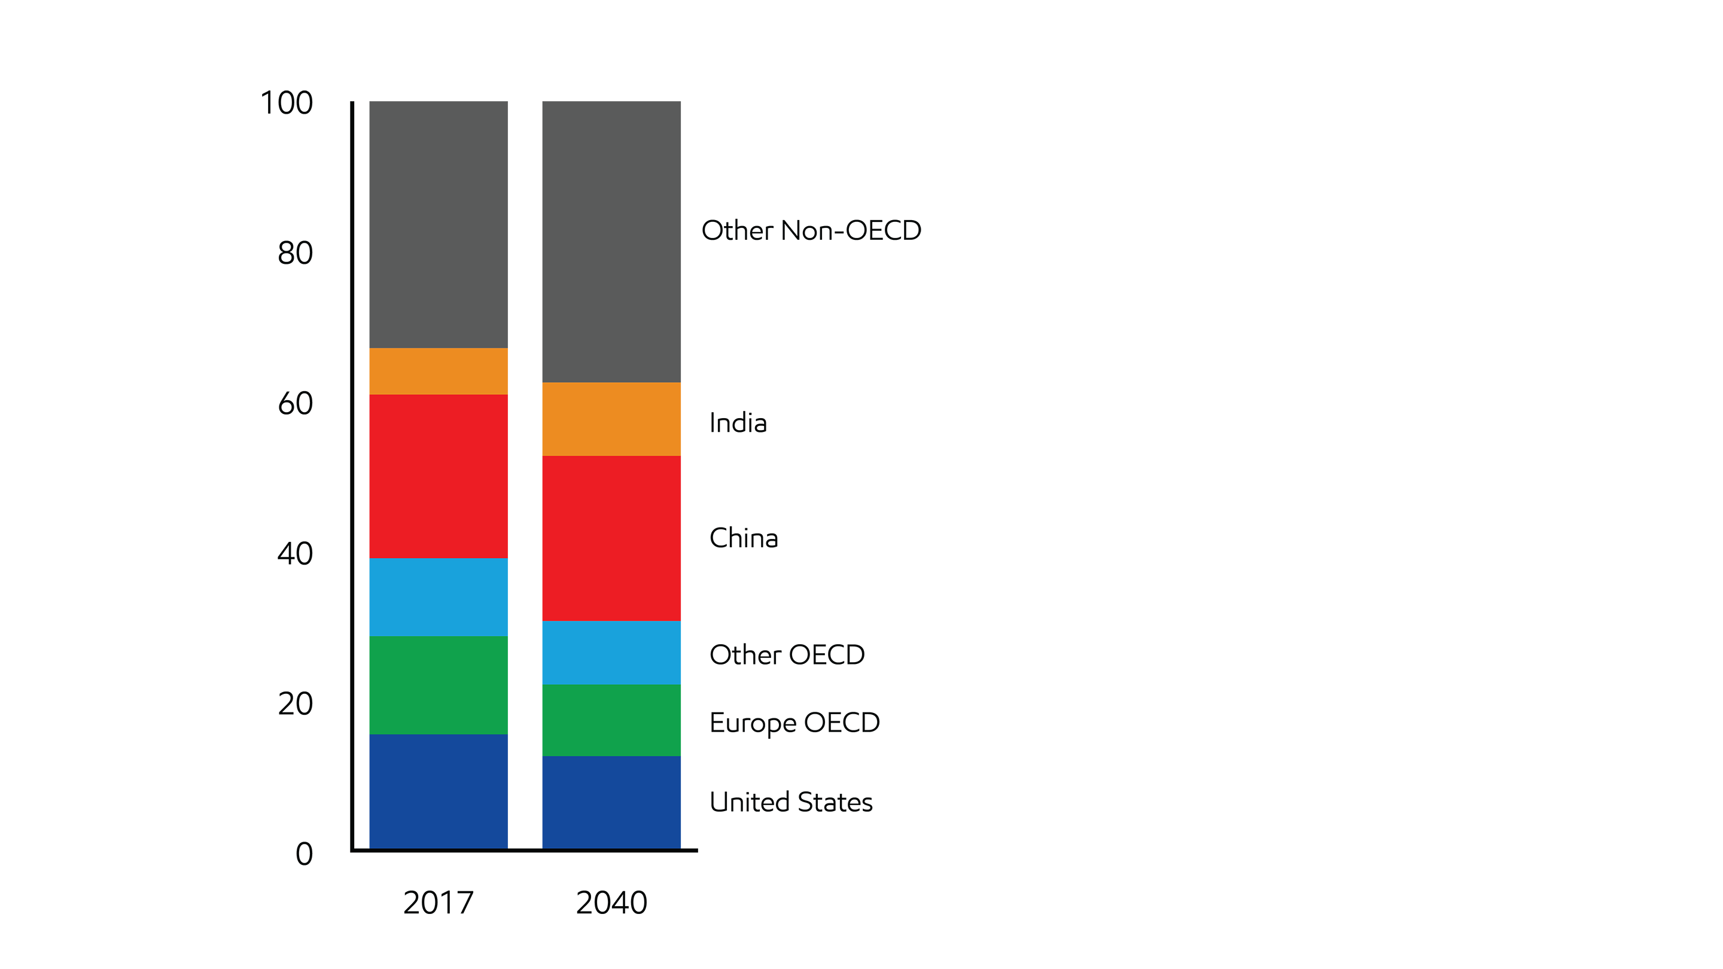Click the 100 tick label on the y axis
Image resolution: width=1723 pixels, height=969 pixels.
tap(287, 103)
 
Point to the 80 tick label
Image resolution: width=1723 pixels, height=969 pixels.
tap(295, 254)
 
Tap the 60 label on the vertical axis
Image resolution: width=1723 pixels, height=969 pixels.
tap(295, 404)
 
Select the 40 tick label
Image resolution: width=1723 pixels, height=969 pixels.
tap(295, 554)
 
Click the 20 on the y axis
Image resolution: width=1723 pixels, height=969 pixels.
tap(295, 704)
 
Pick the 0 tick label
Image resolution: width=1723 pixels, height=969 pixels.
tap(304, 854)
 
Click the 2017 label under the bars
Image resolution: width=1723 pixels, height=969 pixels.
tap(438, 903)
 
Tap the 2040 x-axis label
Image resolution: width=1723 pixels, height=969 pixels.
tap(611, 903)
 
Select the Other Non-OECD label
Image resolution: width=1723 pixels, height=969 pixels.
tap(811, 231)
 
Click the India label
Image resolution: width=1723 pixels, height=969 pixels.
tap(738, 423)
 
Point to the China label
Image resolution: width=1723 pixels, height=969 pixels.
tap(743, 538)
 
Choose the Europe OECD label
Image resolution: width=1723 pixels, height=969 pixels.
tap(794, 723)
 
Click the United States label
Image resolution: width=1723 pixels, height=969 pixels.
tap(790, 803)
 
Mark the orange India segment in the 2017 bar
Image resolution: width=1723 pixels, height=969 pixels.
tap(438, 371)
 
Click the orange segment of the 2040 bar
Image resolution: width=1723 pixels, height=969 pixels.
tap(611, 419)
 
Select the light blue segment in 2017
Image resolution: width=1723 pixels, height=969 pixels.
tap(438, 597)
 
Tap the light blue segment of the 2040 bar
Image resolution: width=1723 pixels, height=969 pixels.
tap(611, 653)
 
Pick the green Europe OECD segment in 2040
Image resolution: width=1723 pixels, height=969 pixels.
tap(611, 720)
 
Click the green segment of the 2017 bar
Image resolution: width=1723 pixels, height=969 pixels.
tap(438, 685)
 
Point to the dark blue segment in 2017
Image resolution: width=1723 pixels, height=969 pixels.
tap(438, 791)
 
